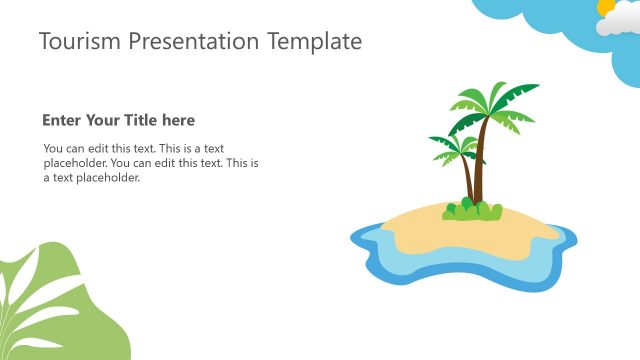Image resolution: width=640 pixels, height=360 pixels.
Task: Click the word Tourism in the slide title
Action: point(76,41)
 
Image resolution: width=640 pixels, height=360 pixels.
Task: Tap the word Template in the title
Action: point(315,41)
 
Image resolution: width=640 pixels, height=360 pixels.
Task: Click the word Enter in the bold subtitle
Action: point(60,120)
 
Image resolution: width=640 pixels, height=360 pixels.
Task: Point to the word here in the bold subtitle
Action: point(179,120)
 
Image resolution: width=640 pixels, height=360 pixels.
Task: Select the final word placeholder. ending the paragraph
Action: point(109,178)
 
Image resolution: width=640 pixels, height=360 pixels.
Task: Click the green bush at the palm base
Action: point(472,211)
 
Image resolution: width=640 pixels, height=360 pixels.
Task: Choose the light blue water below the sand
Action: point(470,265)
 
